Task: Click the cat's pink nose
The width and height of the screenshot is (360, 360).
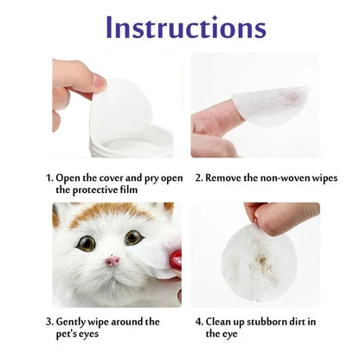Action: tap(112, 261)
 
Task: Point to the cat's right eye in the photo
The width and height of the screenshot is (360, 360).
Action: tap(133, 237)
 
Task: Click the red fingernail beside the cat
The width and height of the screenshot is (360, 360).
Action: tap(177, 260)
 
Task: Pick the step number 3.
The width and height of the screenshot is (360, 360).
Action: tap(48, 321)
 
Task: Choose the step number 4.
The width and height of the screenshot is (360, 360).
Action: tap(198, 321)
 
